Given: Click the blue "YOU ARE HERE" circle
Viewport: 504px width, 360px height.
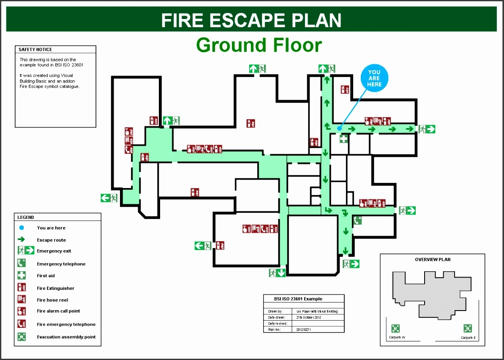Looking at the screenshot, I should tap(374, 79).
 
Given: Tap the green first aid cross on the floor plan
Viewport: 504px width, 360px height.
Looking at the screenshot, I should tap(343, 138).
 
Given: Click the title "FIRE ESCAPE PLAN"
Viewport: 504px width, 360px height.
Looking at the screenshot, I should tap(251, 20).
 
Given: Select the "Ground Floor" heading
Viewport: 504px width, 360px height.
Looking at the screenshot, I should tap(259, 45).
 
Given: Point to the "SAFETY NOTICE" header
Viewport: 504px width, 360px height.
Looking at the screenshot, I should tap(35, 49).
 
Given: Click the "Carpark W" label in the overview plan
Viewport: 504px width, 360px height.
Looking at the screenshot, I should tap(397, 337).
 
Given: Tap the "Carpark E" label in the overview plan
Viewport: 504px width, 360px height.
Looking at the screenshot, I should tap(468, 338).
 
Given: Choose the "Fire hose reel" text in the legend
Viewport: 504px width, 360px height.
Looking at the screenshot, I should tap(52, 300).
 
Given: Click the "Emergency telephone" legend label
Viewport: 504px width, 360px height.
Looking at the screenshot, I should tap(61, 264).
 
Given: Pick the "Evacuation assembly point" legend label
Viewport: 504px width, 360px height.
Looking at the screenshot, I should tap(66, 337).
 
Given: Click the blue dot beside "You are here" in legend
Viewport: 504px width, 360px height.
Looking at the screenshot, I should tap(22, 228).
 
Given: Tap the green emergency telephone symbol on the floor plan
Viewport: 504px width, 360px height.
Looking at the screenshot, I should tap(357, 220).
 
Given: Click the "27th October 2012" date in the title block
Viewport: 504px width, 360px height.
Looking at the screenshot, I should tap(309, 317).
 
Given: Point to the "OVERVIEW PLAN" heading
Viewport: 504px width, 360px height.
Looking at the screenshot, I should tap(433, 259).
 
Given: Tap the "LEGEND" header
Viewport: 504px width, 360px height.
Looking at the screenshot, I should tap(26, 217).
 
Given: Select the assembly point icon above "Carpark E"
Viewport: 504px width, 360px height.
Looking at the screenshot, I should tap(467, 328).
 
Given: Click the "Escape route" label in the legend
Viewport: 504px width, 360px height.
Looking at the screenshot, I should tap(52, 240).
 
